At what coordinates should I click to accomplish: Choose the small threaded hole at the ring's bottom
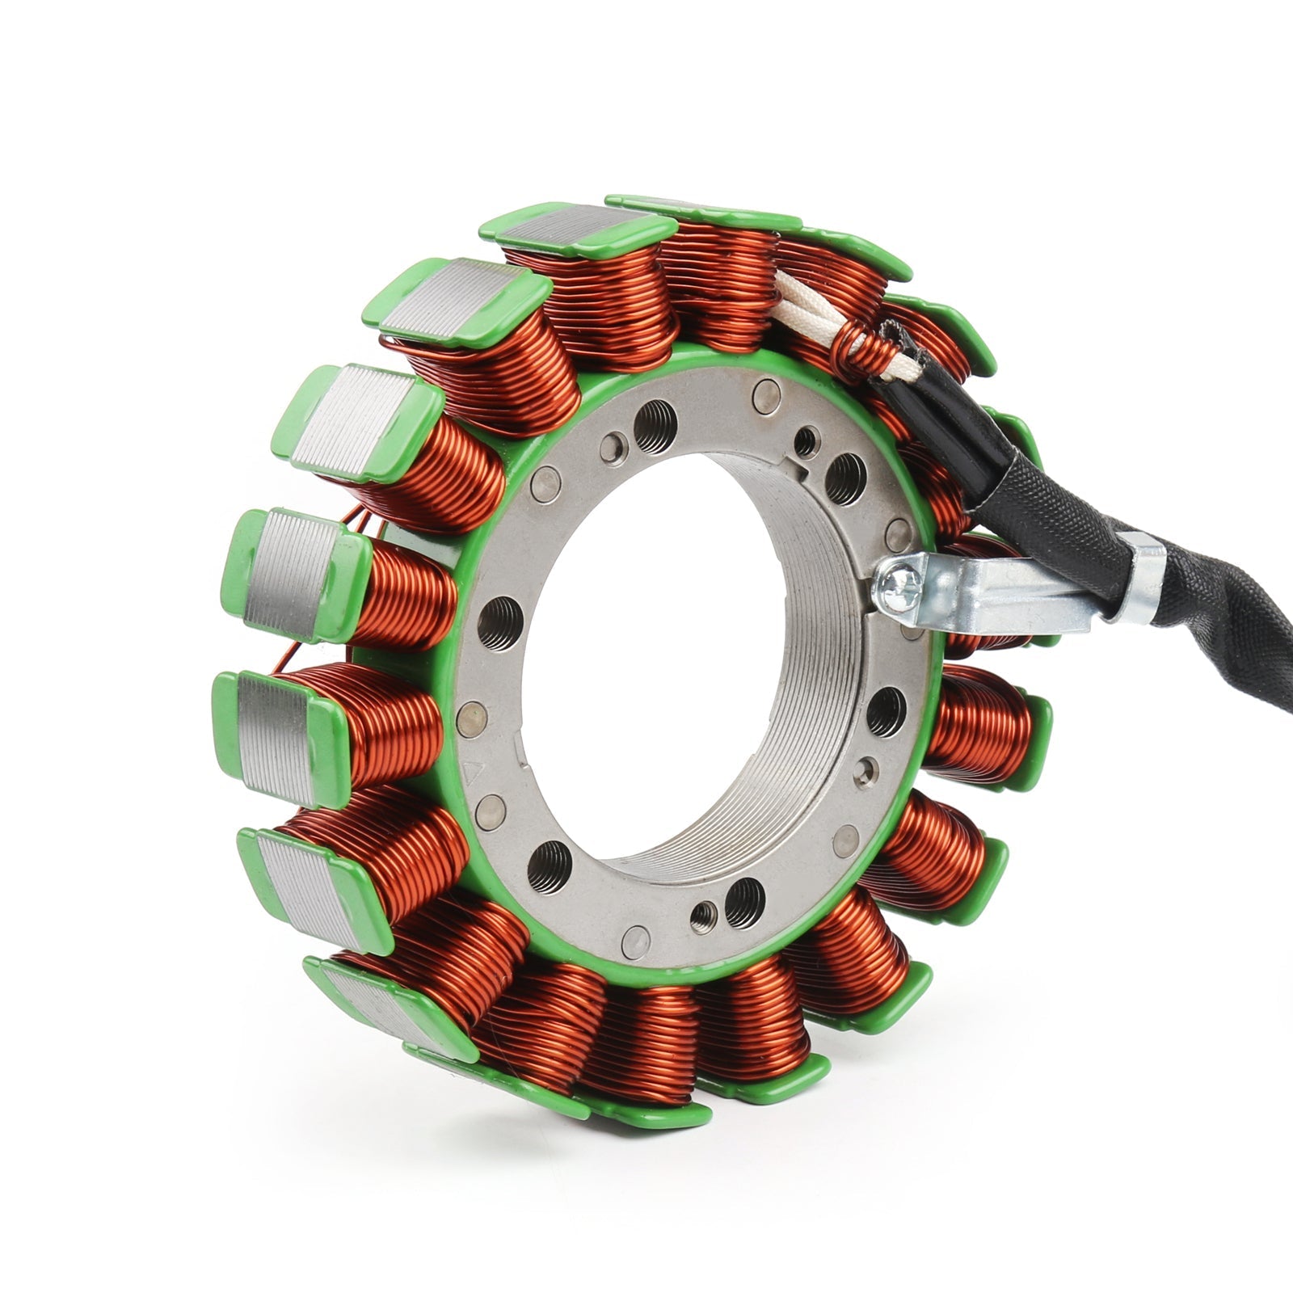pos(701,916)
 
